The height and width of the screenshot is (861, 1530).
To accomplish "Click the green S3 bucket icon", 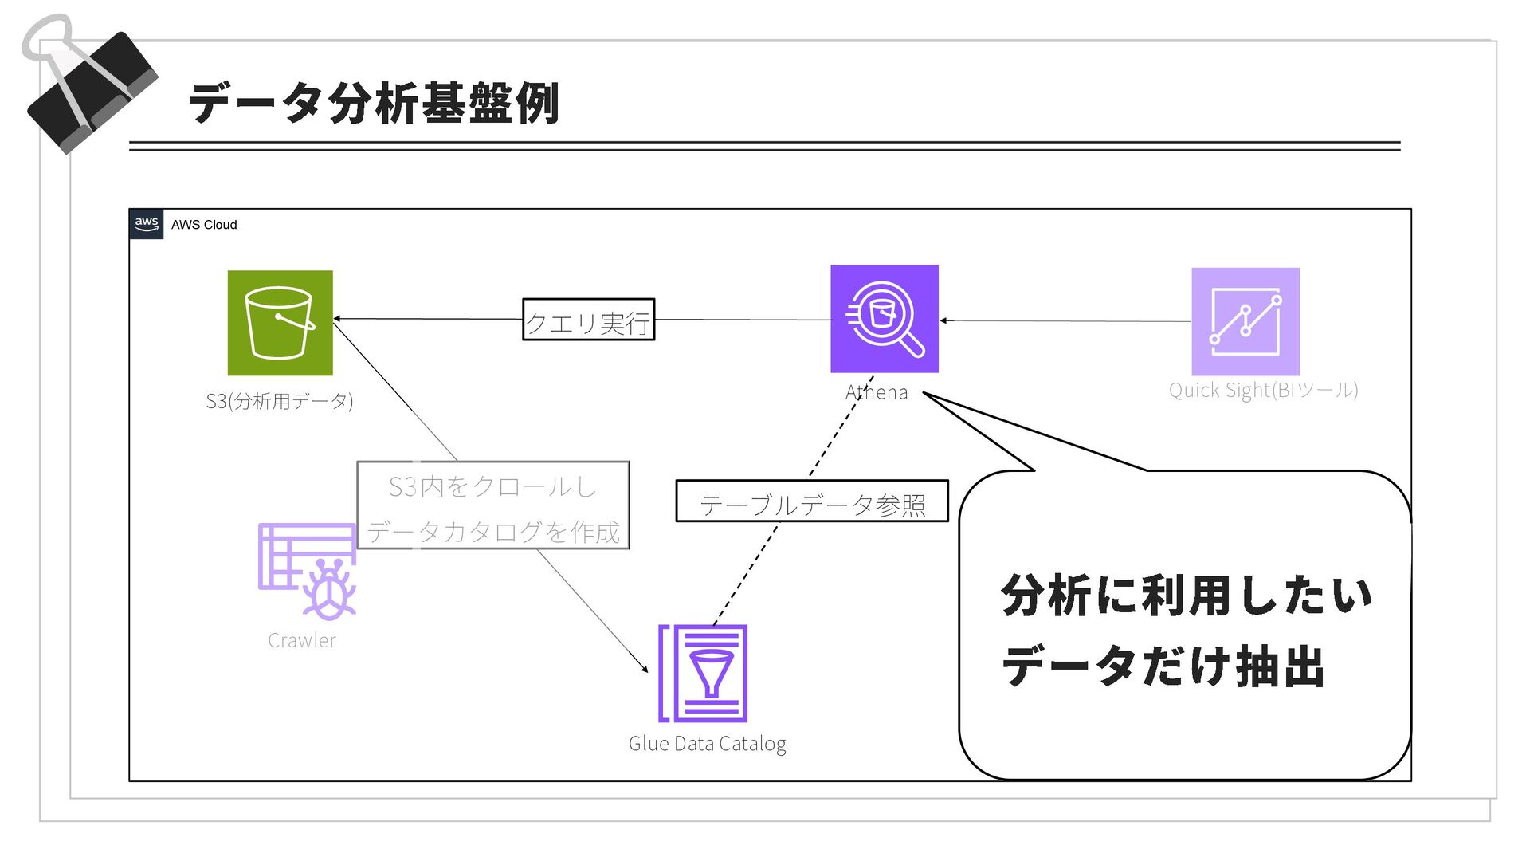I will [280, 323].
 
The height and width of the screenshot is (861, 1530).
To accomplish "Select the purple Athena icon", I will [884, 319].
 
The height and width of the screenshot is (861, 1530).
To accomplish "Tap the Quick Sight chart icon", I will [1245, 321].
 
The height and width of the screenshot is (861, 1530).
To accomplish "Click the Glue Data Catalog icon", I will [703, 674].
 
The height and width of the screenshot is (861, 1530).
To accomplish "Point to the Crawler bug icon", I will [307, 571].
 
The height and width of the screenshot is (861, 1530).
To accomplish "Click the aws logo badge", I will [147, 224].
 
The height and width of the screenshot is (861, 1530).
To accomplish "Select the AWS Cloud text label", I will [204, 225].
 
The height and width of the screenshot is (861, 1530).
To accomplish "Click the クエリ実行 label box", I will [588, 320].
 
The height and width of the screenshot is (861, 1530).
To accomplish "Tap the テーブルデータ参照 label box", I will [811, 502].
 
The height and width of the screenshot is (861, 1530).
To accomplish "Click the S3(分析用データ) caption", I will [279, 400].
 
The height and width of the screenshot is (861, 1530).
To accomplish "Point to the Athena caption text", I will [876, 392].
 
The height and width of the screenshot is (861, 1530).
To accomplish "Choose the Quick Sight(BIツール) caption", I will [1263, 390].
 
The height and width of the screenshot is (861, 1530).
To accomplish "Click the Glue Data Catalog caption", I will [707, 744].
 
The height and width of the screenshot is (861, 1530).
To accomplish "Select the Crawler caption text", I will [301, 641].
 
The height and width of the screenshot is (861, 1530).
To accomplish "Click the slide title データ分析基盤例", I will [374, 104].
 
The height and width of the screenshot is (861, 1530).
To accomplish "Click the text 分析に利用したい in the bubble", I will [1186, 596].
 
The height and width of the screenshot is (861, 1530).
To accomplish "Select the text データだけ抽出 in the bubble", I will [1163, 666].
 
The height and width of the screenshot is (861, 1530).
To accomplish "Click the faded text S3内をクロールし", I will [492, 486].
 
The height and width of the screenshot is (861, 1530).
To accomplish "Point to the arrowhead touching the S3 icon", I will [337, 319].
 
